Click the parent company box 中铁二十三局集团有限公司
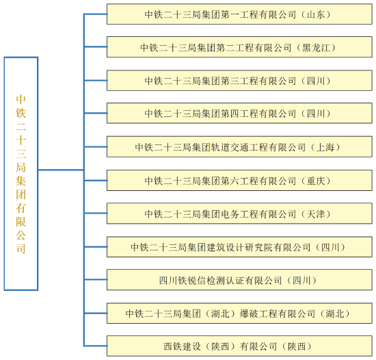[21, 174]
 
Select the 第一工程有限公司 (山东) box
[239, 14]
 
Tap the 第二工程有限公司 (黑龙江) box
[239, 47]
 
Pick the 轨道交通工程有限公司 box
[239, 146]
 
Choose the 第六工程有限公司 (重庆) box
[239, 180]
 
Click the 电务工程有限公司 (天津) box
[239, 214]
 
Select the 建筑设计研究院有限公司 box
[239, 246]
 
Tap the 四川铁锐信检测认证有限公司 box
[239, 280]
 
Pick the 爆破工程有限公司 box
[239, 313]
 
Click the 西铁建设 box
[239, 346]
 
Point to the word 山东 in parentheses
[316, 14]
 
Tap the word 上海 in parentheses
[325, 147]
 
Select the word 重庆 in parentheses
[316, 181]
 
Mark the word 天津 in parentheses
[316, 214]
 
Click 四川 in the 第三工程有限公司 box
[316, 81]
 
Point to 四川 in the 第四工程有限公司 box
[316, 114]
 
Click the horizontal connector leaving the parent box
[61, 170]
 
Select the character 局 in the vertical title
[21, 167]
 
